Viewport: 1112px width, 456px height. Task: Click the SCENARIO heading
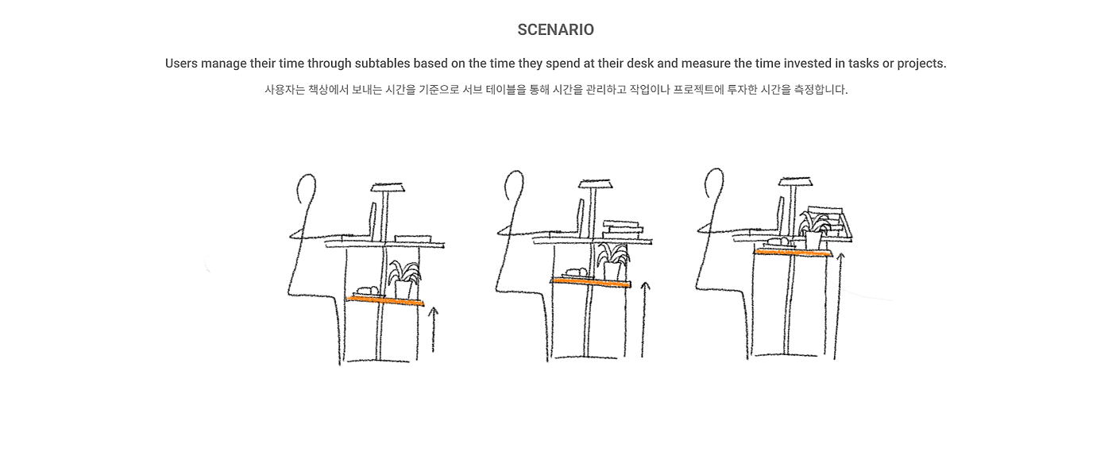(x=555, y=30)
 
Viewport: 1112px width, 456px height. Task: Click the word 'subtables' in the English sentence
(x=382, y=64)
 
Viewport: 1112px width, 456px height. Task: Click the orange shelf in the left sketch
(x=385, y=300)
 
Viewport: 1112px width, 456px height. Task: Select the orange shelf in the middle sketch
(x=591, y=283)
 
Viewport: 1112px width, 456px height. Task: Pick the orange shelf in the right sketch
(x=792, y=253)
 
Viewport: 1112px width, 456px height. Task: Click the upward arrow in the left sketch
(x=433, y=330)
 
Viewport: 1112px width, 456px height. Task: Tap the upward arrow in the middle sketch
(x=644, y=319)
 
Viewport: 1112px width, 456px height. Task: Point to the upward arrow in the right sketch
(x=837, y=306)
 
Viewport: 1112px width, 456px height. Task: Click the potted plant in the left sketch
(x=404, y=280)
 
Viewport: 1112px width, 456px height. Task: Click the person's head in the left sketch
(x=307, y=189)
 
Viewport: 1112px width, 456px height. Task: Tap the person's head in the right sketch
(x=714, y=183)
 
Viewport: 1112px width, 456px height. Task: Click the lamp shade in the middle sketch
(x=595, y=184)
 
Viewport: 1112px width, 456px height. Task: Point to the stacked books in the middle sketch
(x=623, y=230)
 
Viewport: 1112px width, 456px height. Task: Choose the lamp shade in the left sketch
(x=388, y=187)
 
